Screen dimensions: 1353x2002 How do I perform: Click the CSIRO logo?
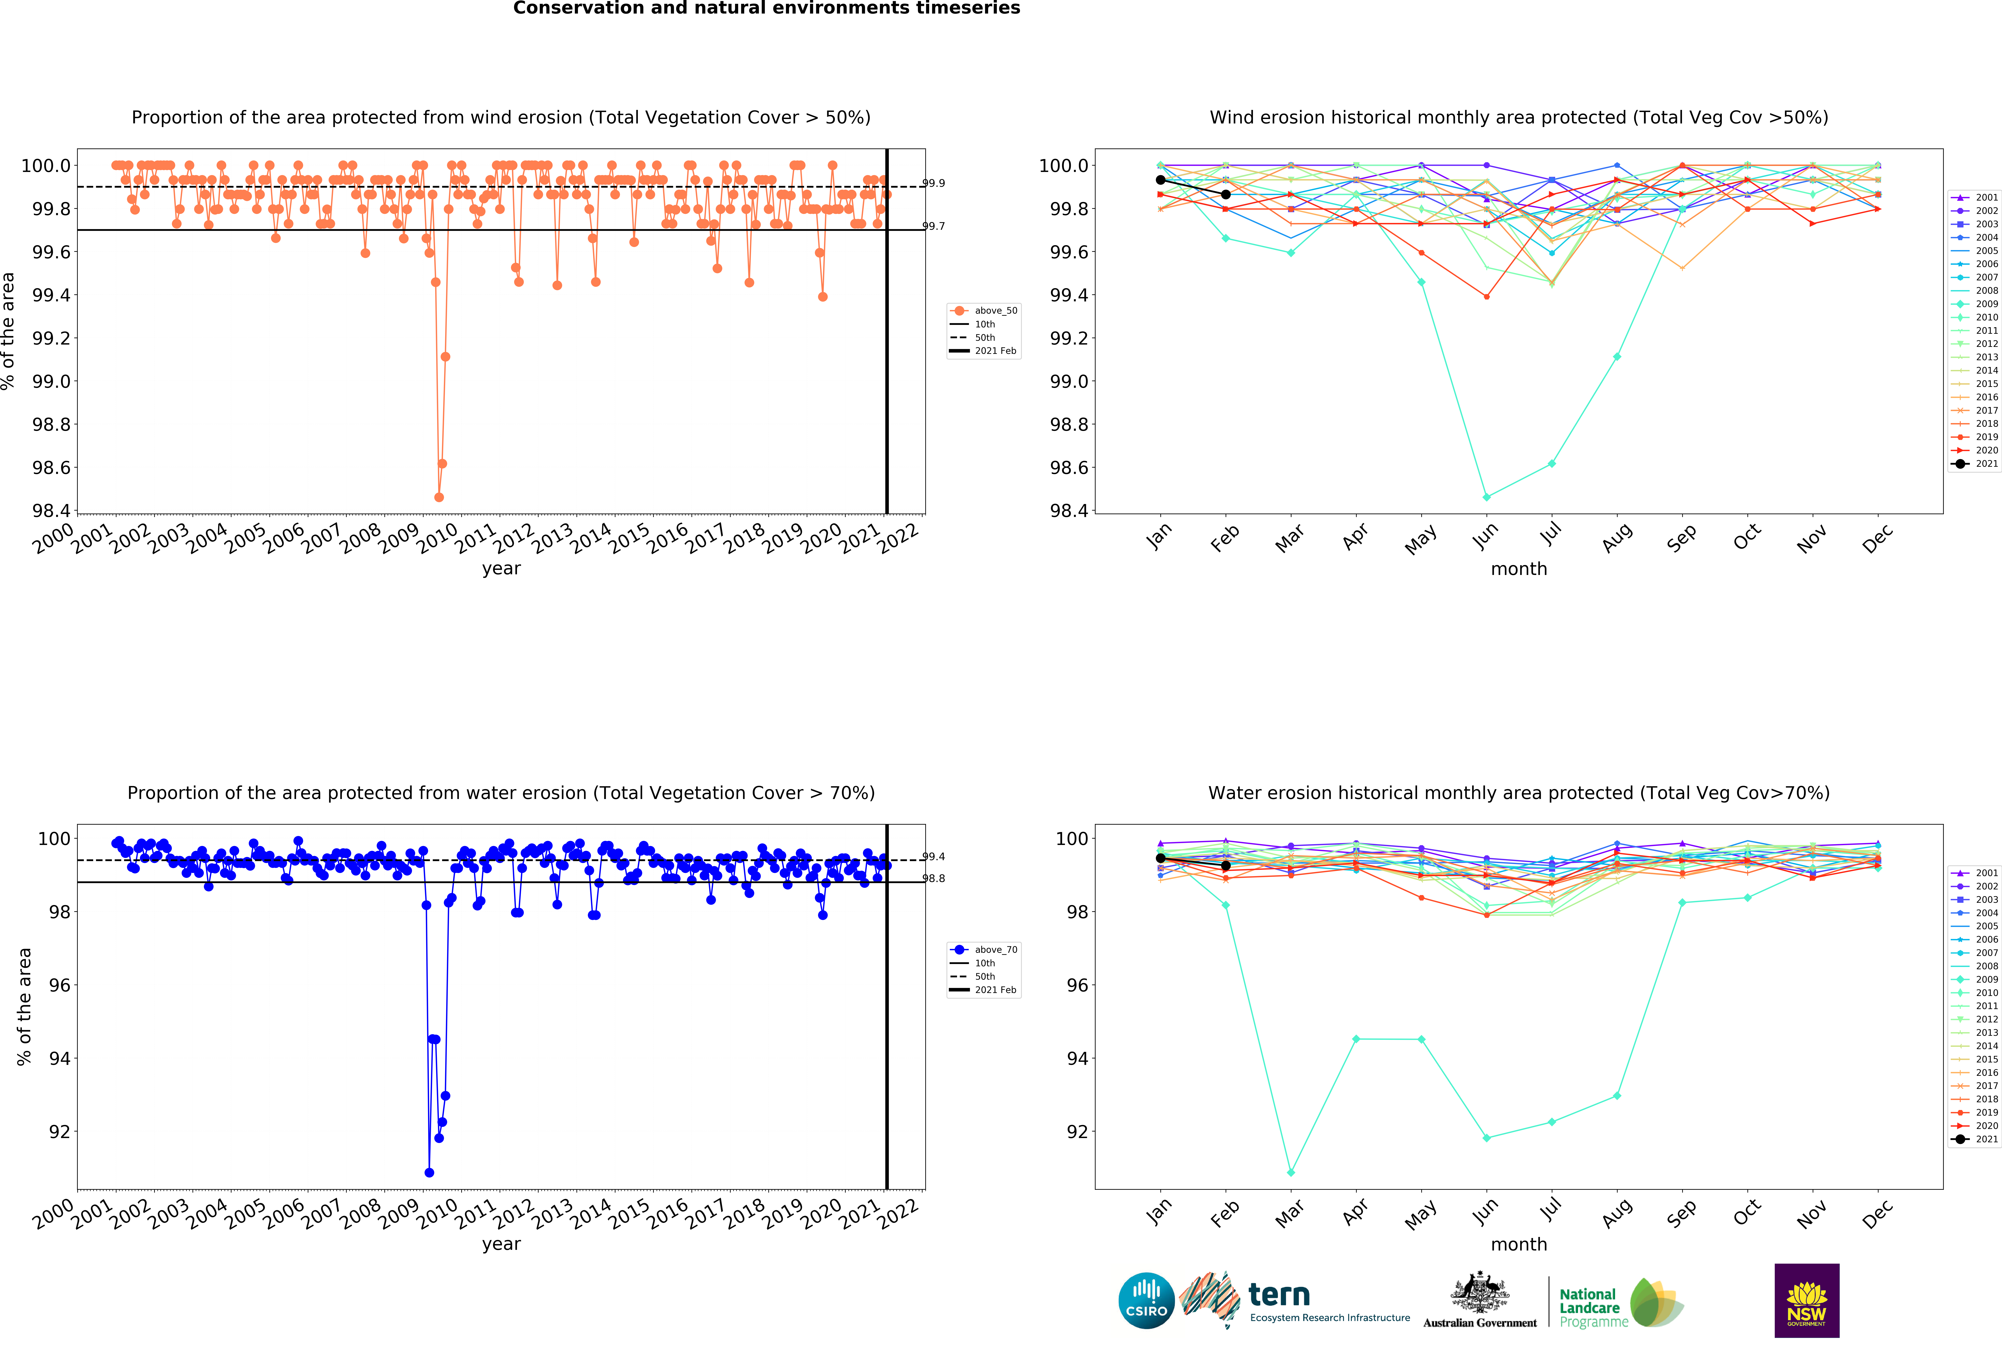tap(1146, 1300)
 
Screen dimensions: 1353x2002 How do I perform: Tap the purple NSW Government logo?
tap(1807, 1300)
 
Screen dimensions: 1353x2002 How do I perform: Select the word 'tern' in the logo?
tap(1279, 1294)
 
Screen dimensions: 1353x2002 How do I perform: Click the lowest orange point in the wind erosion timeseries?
tap(439, 497)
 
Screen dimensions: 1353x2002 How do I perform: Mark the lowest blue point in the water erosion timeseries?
tap(429, 1172)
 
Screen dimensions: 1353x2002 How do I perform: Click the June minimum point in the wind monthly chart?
tap(1486, 497)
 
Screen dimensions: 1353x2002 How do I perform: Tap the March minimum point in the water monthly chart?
tap(1290, 1172)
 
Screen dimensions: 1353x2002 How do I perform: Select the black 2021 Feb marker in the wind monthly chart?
tap(1226, 195)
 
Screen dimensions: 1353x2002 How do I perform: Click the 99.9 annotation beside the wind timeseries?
tap(934, 183)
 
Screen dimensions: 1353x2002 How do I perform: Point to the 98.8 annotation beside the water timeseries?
tap(934, 878)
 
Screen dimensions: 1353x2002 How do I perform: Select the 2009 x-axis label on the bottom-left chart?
tap(399, 1214)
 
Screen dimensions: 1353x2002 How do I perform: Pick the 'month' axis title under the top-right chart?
tap(1519, 569)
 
